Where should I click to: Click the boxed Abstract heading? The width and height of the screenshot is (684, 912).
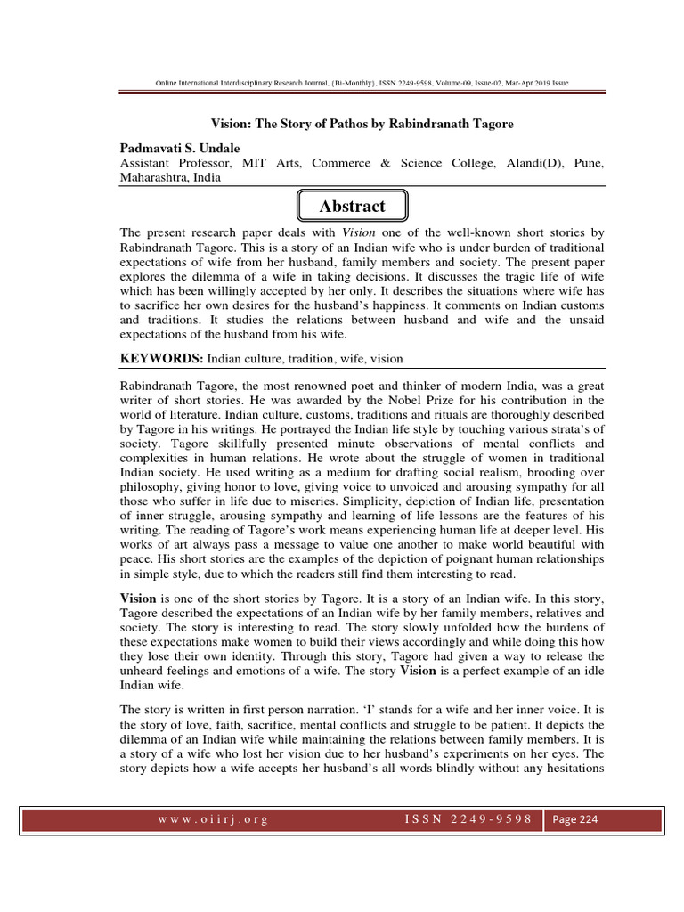click(352, 207)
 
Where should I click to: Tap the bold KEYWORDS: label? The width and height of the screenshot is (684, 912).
click(161, 358)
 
